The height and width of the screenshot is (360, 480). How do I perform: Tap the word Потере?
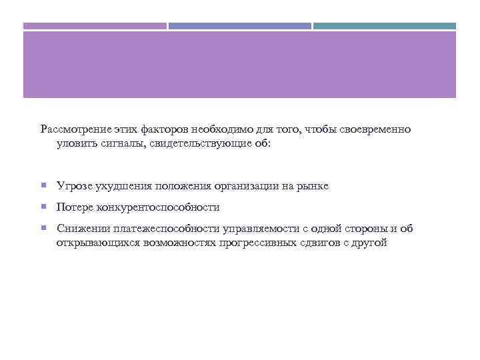(x=75, y=207)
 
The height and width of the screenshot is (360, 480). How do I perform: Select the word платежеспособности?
(x=157, y=229)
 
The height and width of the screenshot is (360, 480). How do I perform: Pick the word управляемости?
(x=253, y=229)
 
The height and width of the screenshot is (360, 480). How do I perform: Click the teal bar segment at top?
(x=385, y=26)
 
